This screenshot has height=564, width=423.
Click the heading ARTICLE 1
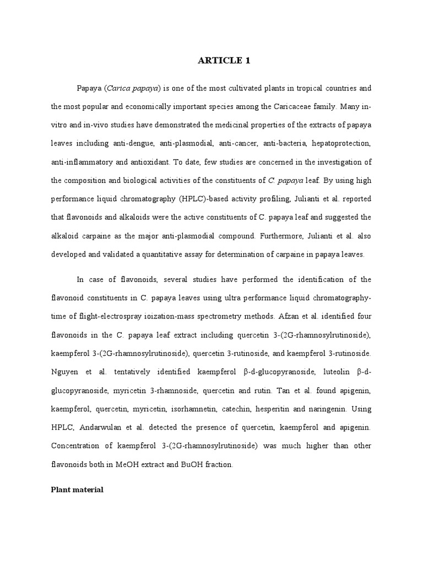224,61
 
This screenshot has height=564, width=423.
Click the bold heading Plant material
77,489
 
